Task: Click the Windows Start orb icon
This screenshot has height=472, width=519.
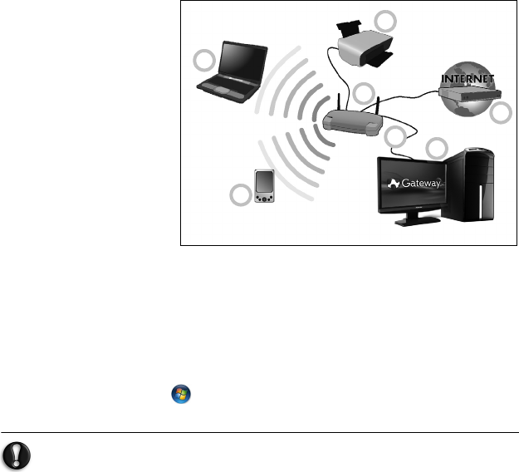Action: point(179,395)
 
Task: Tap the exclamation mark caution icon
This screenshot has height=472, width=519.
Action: point(17,453)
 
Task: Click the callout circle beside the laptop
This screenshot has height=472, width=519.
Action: point(203,60)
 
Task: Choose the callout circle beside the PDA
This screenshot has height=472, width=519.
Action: point(240,196)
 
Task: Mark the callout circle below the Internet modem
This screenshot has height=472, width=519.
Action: point(500,115)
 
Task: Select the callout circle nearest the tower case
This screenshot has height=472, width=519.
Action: point(437,148)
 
